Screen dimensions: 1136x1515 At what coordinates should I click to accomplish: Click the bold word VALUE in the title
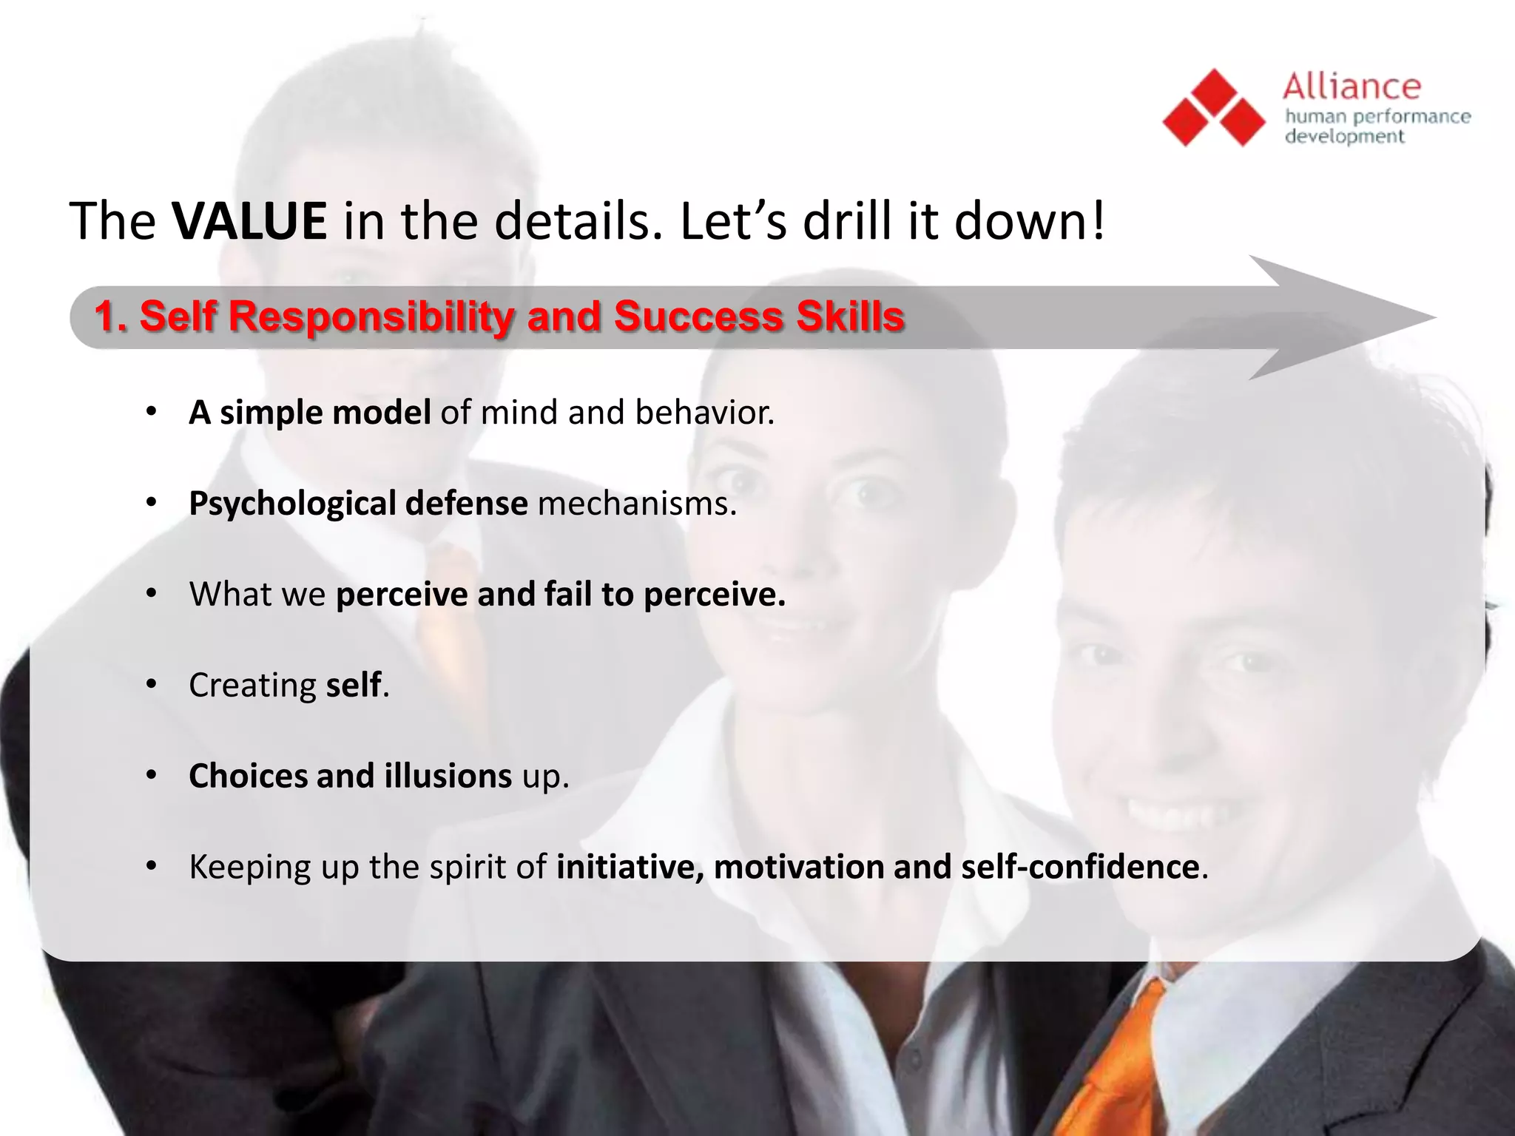[x=249, y=221]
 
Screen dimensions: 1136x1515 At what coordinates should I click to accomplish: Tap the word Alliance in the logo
[x=1352, y=87]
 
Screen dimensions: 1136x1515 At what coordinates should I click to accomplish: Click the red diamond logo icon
[x=1214, y=108]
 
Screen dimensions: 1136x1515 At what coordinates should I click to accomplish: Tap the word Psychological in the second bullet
[x=293, y=504]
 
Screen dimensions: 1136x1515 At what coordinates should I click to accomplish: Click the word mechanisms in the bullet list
[x=636, y=504]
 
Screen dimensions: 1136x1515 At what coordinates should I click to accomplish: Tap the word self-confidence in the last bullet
[x=1080, y=868]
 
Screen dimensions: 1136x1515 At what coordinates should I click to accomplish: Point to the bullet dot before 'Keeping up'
[x=152, y=865]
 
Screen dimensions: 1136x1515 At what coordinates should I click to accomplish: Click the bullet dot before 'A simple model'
[x=152, y=411]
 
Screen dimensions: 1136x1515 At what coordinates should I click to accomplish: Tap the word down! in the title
[x=1030, y=221]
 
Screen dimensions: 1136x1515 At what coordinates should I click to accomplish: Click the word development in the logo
[x=1344, y=137]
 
